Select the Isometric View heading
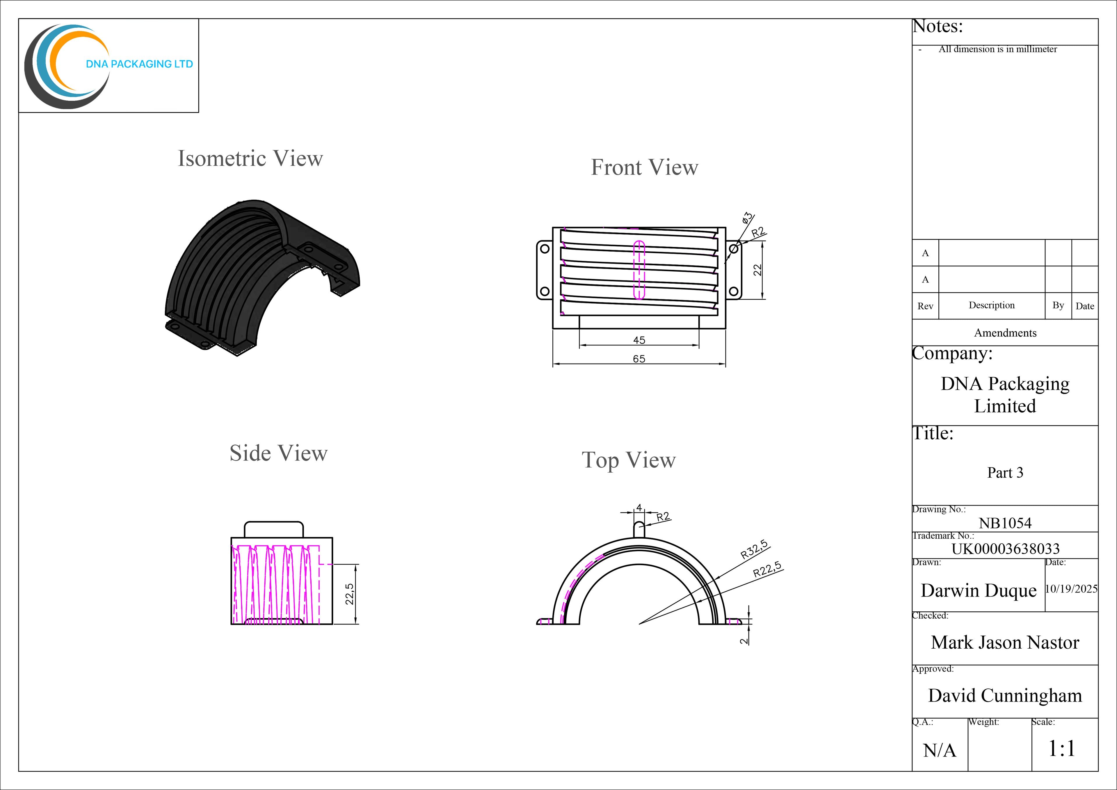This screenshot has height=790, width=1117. pos(250,159)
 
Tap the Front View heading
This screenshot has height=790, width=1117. pos(645,167)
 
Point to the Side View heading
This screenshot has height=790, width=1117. pos(279,453)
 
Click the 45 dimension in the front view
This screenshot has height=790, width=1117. pos(639,340)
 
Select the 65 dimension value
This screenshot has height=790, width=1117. pos(639,359)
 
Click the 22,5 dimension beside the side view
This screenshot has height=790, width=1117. pos(349,594)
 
